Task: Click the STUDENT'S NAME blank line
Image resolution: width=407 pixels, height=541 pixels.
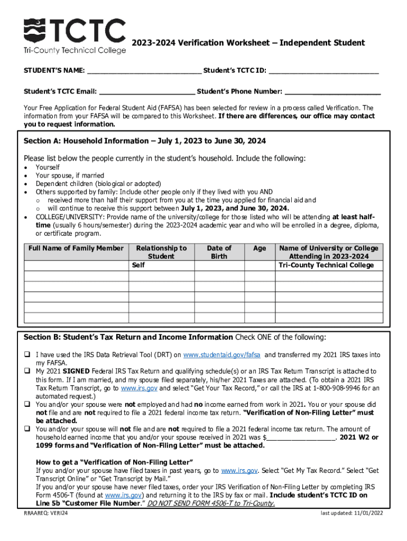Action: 144,71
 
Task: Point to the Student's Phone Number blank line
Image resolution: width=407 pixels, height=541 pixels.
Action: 332,91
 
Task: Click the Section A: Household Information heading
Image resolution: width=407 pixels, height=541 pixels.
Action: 144,141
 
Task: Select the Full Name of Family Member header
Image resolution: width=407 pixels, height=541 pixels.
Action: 76,248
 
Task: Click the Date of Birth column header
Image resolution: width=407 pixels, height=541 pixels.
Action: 219,252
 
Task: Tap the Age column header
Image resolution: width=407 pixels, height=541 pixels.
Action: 259,248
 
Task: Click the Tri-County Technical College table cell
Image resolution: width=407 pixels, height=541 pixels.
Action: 328,265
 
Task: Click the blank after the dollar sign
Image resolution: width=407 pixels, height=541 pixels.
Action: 301,437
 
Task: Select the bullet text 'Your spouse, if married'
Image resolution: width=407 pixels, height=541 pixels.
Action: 70,175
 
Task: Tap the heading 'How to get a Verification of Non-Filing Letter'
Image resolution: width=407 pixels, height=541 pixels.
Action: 114,461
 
